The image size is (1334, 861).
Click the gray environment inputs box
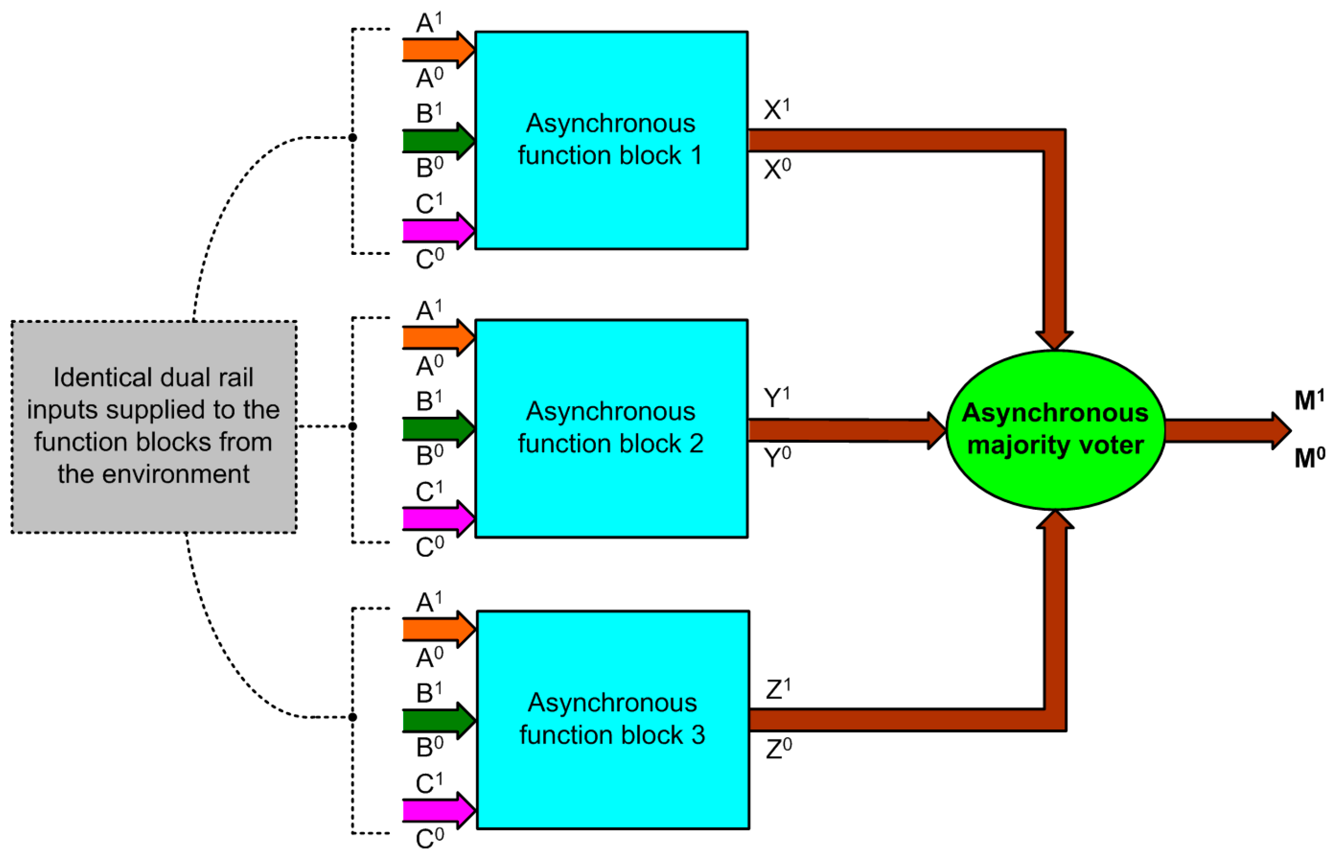154,426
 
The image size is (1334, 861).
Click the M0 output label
1309,458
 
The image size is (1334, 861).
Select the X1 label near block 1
776,109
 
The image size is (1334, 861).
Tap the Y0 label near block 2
777,457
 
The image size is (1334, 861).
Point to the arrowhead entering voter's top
1054,339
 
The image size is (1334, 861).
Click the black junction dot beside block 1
353,138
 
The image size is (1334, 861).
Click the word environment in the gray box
176,474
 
